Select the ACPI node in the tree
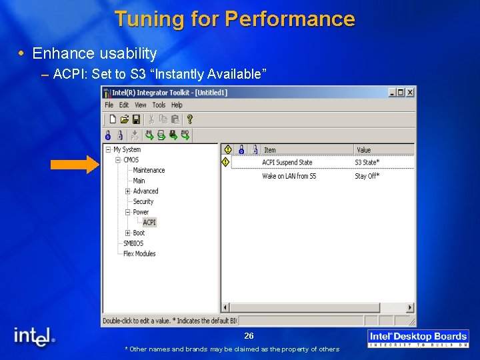pos(149,223)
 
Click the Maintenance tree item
pos(149,171)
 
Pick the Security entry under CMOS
pos(143,201)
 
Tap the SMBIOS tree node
pos(133,243)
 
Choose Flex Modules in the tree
pos(139,254)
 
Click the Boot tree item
pos(139,233)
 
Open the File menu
pos(109,105)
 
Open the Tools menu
pos(159,105)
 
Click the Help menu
pos(177,105)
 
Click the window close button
pos(410,93)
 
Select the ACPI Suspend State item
pos(287,163)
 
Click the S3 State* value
pos(367,163)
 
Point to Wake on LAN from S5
pos(289,176)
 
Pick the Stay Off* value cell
pos(367,176)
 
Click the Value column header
pos(364,150)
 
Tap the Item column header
pos(270,150)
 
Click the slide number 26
pos(249,336)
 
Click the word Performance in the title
pos(290,19)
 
